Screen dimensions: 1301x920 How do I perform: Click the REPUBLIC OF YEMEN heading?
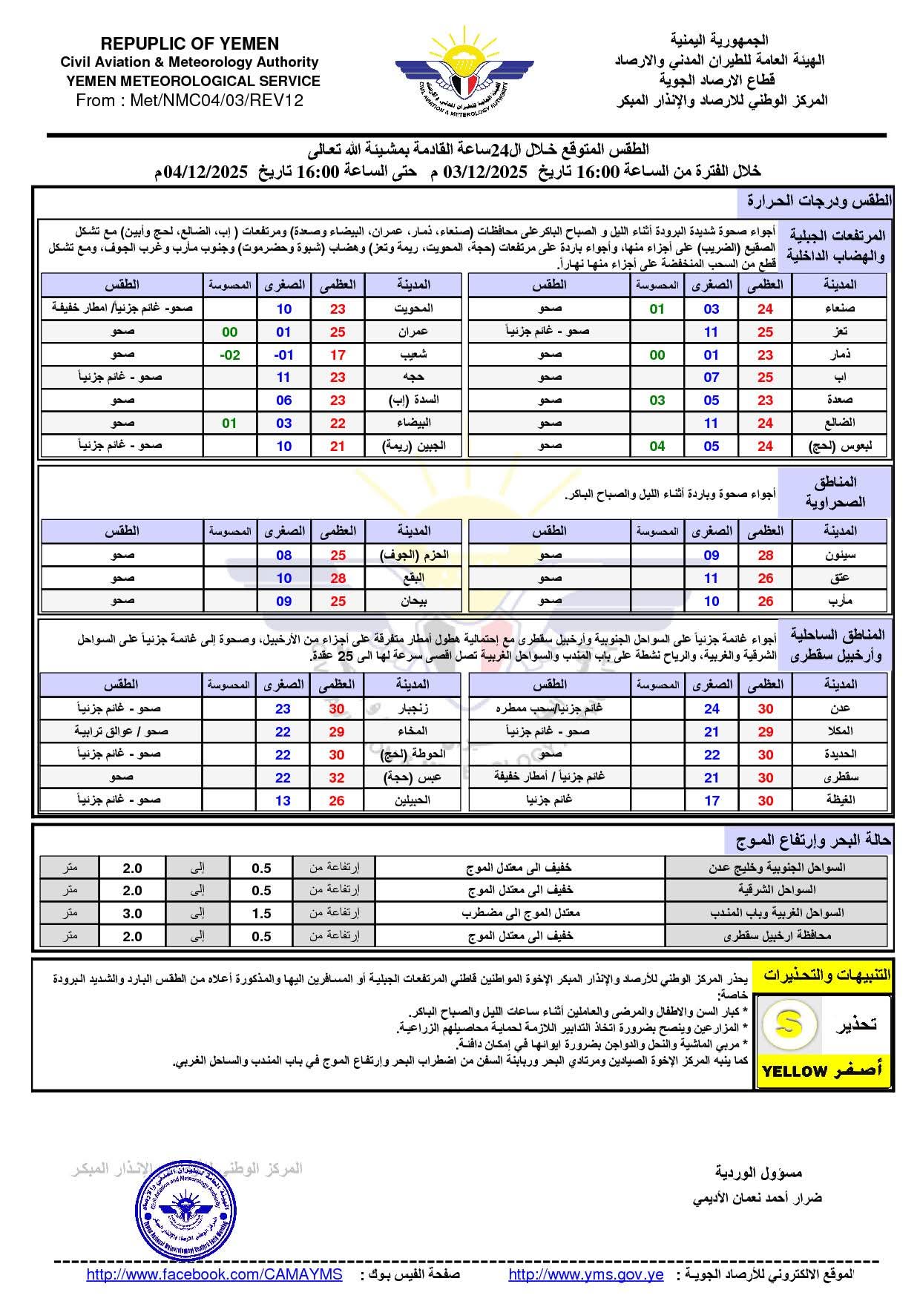click(189, 44)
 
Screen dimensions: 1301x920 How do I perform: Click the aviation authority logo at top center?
click(464, 75)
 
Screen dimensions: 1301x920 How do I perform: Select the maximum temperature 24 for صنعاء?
click(765, 309)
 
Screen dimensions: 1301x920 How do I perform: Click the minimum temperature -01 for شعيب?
click(283, 355)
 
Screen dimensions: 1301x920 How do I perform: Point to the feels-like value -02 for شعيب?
click(230, 355)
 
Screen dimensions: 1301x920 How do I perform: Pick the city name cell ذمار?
click(839, 355)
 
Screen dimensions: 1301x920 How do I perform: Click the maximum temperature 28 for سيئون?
click(765, 555)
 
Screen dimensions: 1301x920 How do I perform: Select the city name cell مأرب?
click(839, 601)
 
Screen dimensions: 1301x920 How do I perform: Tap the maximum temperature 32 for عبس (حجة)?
click(337, 777)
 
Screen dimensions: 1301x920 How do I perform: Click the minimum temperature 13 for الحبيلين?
click(283, 800)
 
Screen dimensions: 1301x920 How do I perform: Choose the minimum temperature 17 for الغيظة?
click(712, 800)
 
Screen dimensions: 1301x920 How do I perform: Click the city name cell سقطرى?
click(839, 777)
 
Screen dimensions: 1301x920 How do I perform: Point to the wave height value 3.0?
click(132, 913)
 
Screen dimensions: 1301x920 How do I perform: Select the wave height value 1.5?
click(261, 913)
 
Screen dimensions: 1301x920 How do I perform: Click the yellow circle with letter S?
click(789, 1024)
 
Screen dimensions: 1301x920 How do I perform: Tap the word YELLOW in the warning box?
click(794, 1070)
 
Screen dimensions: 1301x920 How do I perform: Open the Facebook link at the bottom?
click(214, 1274)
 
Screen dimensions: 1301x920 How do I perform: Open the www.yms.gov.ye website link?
click(585, 1274)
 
